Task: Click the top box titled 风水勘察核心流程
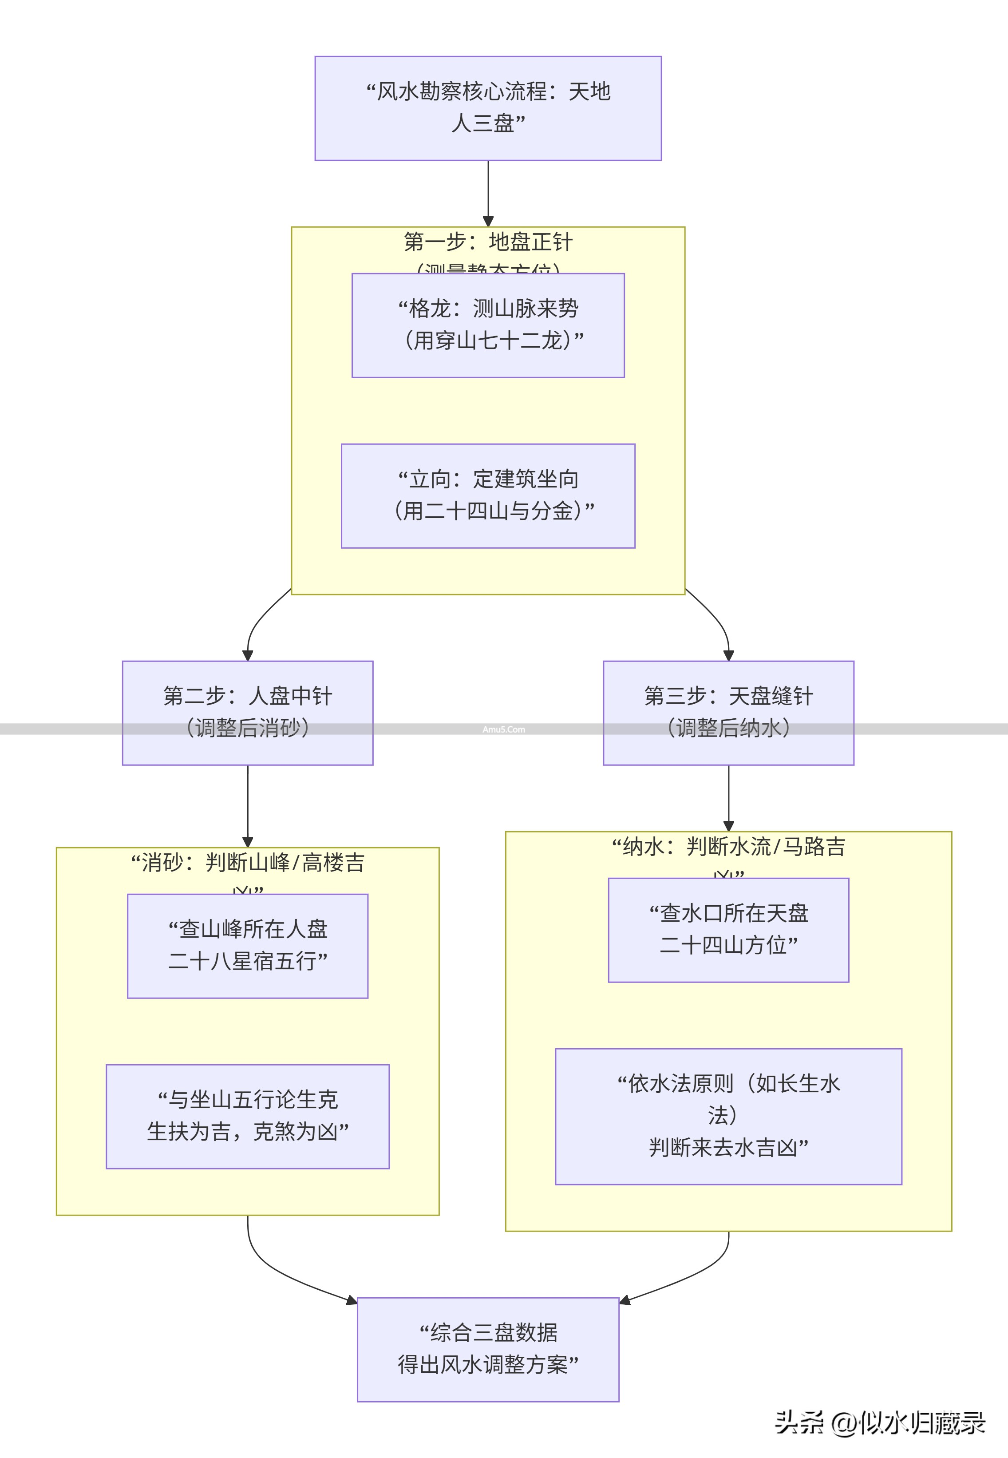(488, 108)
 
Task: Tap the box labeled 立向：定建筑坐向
(488, 495)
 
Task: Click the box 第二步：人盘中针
(248, 712)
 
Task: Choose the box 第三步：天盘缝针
(728, 712)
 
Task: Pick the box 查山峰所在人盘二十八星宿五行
(248, 945)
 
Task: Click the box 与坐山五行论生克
(248, 1116)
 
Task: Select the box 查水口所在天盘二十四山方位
(728, 929)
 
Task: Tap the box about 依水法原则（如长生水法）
(728, 1116)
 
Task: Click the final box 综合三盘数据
(488, 1349)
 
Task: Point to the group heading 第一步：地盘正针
(488, 242)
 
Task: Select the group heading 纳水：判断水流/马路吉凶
(728, 847)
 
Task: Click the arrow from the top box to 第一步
(488, 193)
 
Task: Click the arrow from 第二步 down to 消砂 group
(248, 805)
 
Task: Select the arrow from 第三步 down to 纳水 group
(728, 797)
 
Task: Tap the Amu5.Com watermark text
(503, 729)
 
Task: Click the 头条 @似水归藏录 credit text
(880, 1422)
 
